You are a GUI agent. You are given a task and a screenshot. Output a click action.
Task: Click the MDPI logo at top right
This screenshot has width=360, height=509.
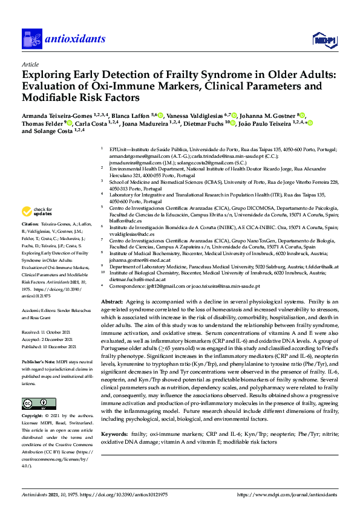coord(324,40)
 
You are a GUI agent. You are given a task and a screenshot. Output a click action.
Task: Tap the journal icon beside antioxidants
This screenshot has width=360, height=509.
coord(31,39)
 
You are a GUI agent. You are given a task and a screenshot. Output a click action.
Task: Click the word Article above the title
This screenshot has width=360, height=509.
coord(30,63)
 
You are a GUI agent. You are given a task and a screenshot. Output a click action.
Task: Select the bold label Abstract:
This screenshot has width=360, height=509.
coord(112,300)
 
